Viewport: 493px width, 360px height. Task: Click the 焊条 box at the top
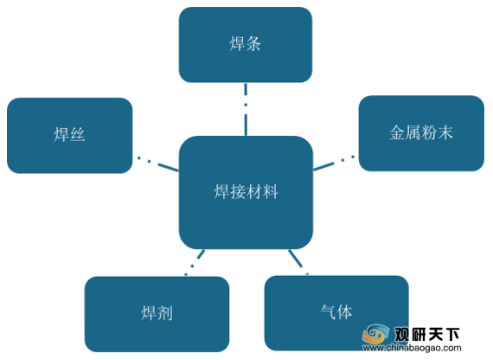246,45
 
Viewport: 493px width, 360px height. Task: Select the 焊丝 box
69,135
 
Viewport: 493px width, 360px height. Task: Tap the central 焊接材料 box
246,193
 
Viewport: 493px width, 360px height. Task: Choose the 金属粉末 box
421,133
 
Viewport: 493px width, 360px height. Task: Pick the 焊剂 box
157,314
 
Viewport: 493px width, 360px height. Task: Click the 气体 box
336,313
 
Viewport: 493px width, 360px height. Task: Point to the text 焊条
246,43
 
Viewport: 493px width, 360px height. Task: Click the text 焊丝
69,134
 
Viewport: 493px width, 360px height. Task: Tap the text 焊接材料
246,191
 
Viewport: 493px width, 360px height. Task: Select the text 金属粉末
421,132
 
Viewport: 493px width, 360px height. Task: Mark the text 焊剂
157,312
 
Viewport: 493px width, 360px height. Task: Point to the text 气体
336,312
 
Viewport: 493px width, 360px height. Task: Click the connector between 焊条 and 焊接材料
246,109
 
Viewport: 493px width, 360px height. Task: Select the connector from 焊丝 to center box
157,164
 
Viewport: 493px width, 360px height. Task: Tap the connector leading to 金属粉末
334,163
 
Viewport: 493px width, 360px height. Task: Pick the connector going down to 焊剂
195,263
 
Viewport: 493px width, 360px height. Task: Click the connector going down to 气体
298,262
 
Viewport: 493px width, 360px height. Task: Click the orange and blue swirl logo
375,334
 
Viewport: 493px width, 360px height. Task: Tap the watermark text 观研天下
427,334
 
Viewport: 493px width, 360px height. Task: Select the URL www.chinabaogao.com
412,348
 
